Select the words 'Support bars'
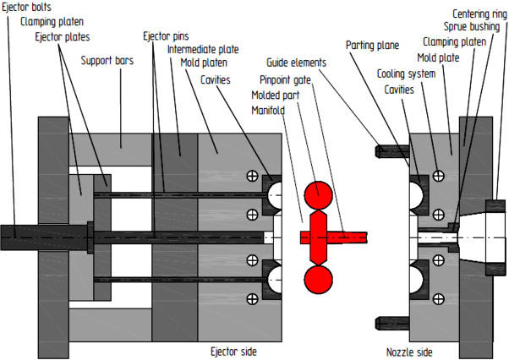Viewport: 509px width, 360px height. (107, 61)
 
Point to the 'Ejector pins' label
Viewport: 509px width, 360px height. (165, 36)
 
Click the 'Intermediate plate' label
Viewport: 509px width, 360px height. (202, 49)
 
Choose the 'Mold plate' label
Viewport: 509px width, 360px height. (440, 58)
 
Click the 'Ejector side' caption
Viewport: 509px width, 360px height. (233, 350)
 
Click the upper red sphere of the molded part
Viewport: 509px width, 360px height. (318, 194)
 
